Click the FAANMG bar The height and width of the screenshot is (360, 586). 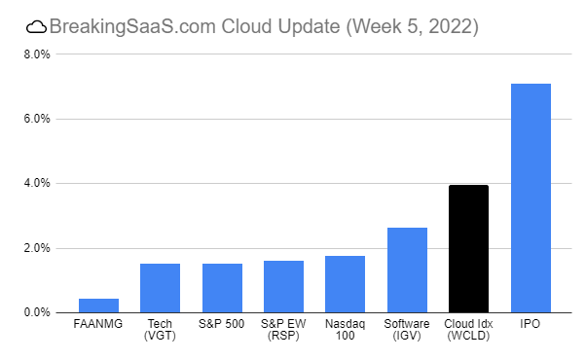click(98, 306)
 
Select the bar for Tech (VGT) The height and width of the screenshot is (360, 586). click(160, 288)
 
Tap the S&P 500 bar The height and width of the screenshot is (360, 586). click(222, 288)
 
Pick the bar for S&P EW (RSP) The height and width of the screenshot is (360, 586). click(283, 287)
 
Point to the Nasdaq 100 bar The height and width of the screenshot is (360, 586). click(345, 284)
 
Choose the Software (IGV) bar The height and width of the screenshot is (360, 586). click(407, 270)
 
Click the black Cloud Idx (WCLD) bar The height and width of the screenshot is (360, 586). click(468, 249)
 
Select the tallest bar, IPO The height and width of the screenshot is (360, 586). click(531, 198)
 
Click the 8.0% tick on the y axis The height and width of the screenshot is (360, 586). click(36, 54)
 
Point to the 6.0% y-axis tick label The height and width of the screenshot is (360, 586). click(36, 119)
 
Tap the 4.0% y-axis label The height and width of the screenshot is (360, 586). click(36, 183)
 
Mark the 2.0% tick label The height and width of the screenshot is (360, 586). click(36, 248)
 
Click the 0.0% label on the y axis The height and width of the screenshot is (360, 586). click(36, 312)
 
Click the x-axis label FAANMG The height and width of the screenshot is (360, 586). click(98, 324)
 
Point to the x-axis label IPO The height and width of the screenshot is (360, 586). click(531, 324)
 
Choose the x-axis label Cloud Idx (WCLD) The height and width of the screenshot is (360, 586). click(468, 330)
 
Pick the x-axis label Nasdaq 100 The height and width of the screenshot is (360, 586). click(345, 330)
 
